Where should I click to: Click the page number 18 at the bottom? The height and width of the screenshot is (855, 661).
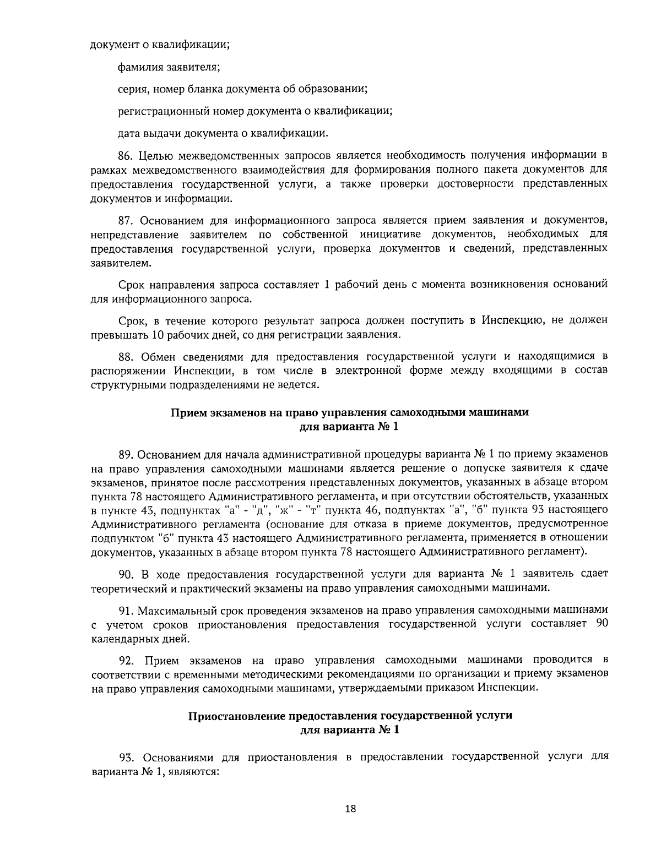point(350,809)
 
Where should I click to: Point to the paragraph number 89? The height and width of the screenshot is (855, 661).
point(127,454)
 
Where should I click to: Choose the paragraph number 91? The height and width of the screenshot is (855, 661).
point(126,611)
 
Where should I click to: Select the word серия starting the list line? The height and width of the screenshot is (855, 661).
point(132,89)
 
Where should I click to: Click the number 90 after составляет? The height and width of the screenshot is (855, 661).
point(602,624)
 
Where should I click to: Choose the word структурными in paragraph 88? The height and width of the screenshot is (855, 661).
point(124,384)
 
